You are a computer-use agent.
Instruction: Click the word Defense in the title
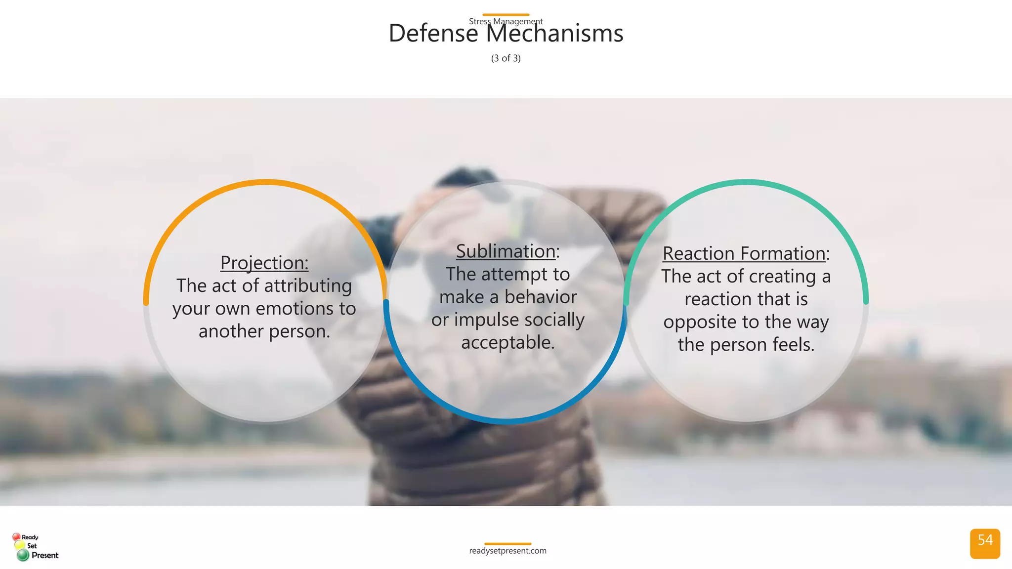(x=433, y=34)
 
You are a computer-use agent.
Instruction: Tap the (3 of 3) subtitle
(x=506, y=58)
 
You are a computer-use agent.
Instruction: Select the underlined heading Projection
(x=264, y=263)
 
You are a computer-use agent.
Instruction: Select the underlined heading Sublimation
(x=506, y=251)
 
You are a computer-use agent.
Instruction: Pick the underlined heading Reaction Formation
(x=744, y=253)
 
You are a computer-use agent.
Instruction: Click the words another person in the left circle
(x=264, y=331)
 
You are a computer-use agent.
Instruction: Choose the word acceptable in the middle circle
(x=507, y=342)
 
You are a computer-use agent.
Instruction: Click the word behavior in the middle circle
(x=541, y=297)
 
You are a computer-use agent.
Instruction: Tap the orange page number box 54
(x=985, y=543)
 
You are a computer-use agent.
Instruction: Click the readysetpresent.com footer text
(x=507, y=551)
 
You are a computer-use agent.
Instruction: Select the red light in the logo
(x=16, y=537)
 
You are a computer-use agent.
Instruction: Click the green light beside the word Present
(x=23, y=555)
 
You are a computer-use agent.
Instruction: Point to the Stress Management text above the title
(x=506, y=21)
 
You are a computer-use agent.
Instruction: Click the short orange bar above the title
(x=506, y=14)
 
